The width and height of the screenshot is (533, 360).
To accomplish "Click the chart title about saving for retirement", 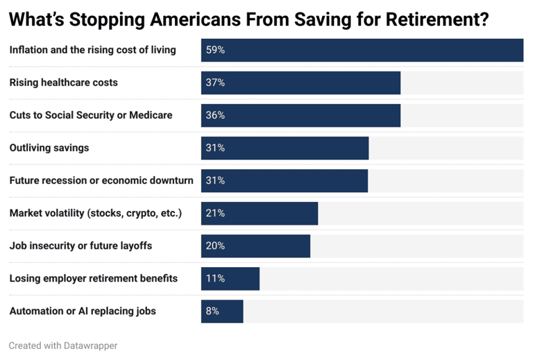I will point(248,19).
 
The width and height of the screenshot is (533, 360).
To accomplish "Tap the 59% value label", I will point(215,50).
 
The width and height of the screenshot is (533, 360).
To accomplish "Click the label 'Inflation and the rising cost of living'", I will point(92,50).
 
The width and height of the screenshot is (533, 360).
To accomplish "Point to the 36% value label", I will point(215,115).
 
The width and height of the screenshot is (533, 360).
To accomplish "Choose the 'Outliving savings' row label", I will point(49,148).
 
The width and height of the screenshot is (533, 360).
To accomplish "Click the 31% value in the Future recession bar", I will point(215,180).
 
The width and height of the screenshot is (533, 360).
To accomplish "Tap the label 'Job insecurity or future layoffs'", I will point(81,246).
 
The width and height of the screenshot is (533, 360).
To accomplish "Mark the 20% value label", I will point(215,246).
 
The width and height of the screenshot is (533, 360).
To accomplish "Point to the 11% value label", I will point(215,278).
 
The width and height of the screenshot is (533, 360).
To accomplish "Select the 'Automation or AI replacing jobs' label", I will point(83,311).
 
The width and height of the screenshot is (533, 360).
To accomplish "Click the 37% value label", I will point(215,83).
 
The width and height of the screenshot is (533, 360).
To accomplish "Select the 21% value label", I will point(215,213).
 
